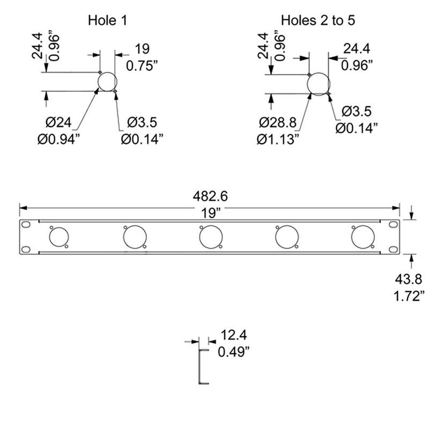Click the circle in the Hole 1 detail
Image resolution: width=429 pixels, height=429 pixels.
coord(107,82)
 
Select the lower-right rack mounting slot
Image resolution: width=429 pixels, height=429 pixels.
coord(394,249)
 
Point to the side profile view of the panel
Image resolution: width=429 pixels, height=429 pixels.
coord(203,367)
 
